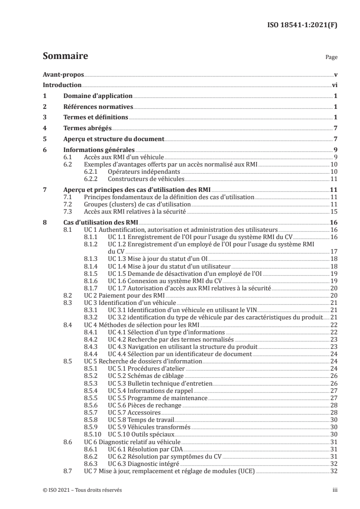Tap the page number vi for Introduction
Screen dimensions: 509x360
tap(334, 85)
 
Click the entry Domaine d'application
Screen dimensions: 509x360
tap(97, 96)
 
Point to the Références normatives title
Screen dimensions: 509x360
tap(98, 107)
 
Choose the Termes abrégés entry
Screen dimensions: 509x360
tap(87, 128)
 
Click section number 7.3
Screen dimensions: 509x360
tap(69, 212)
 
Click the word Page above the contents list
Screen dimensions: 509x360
tap(331, 58)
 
